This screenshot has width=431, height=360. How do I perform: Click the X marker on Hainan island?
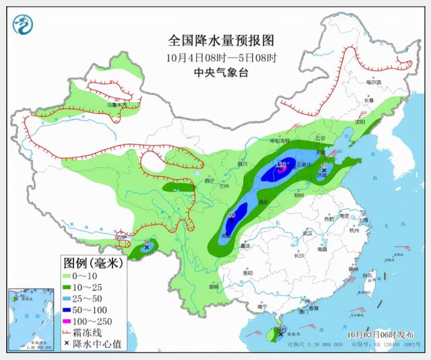coord(281,333)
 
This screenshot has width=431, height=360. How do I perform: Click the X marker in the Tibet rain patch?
coord(146,248)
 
